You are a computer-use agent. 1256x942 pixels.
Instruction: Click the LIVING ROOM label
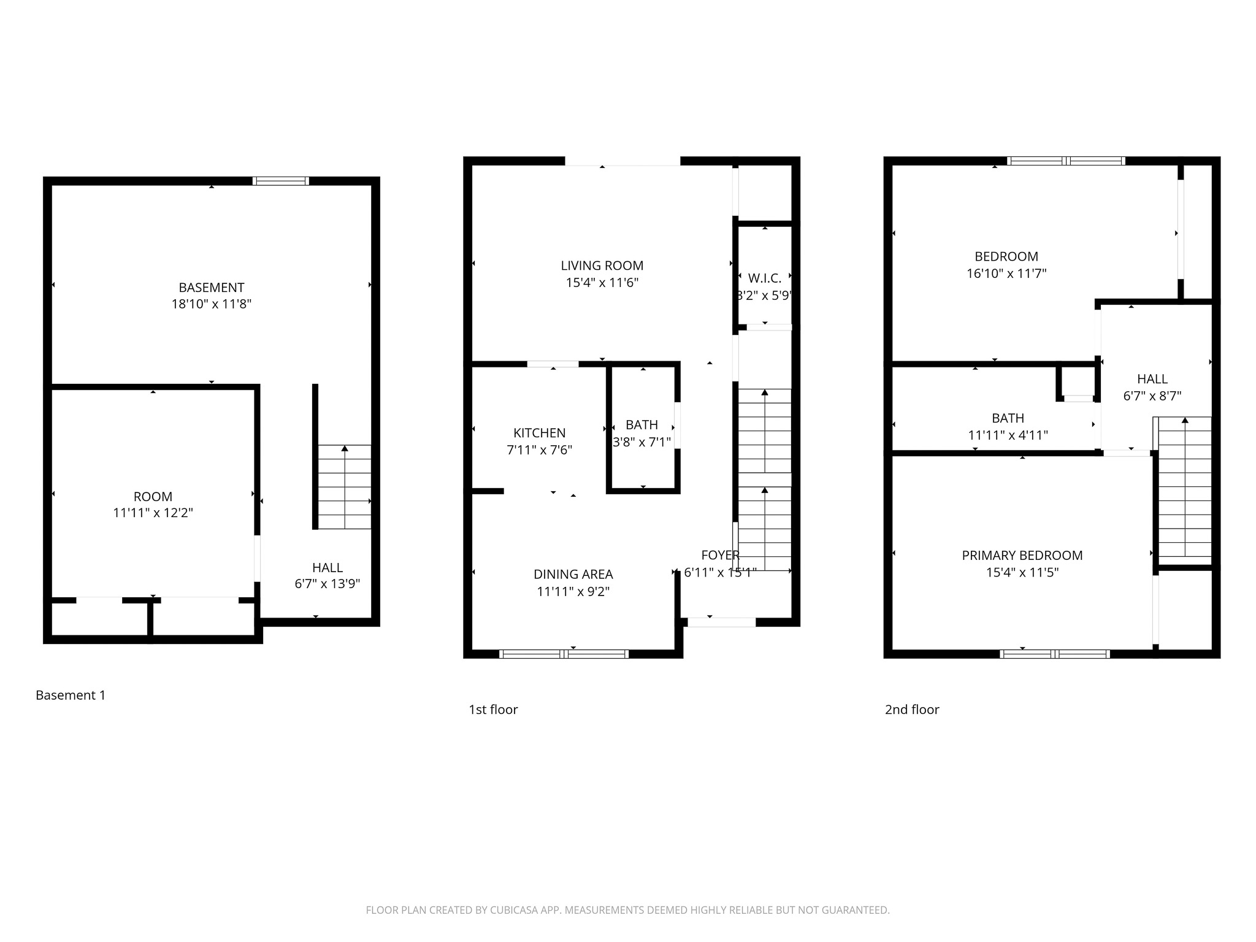coord(602,266)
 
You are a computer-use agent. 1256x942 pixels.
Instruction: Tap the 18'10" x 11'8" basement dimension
coord(212,304)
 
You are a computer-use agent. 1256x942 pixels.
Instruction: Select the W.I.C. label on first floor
coord(764,278)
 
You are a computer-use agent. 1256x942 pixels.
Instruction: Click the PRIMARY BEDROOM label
coord(1022,556)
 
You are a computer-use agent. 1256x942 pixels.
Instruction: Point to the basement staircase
coord(344,487)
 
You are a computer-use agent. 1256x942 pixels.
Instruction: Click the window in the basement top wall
coord(281,181)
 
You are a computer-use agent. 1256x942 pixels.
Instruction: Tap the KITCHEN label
coord(539,433)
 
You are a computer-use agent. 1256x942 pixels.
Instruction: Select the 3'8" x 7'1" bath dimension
coord(642,442)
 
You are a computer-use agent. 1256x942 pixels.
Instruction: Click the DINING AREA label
coord(573,575)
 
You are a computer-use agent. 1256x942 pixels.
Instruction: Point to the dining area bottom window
coord(564,654)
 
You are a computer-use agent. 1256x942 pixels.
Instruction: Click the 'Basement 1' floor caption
coord(71,695)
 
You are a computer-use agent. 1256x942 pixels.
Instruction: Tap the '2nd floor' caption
coord(911,710)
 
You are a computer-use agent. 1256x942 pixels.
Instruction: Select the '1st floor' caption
coord(493,710)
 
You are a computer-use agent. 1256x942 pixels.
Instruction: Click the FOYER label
coord(720,556)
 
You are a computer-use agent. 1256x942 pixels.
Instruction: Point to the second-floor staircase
coord(1184,487)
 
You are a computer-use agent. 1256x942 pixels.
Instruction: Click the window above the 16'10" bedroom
coord(1066,161)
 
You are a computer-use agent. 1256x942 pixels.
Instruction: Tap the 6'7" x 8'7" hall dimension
coord(1152,396)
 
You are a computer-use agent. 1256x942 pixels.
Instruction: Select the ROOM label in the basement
coord(153,497)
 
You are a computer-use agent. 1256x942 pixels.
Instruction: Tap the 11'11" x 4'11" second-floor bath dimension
coord(1008,435)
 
